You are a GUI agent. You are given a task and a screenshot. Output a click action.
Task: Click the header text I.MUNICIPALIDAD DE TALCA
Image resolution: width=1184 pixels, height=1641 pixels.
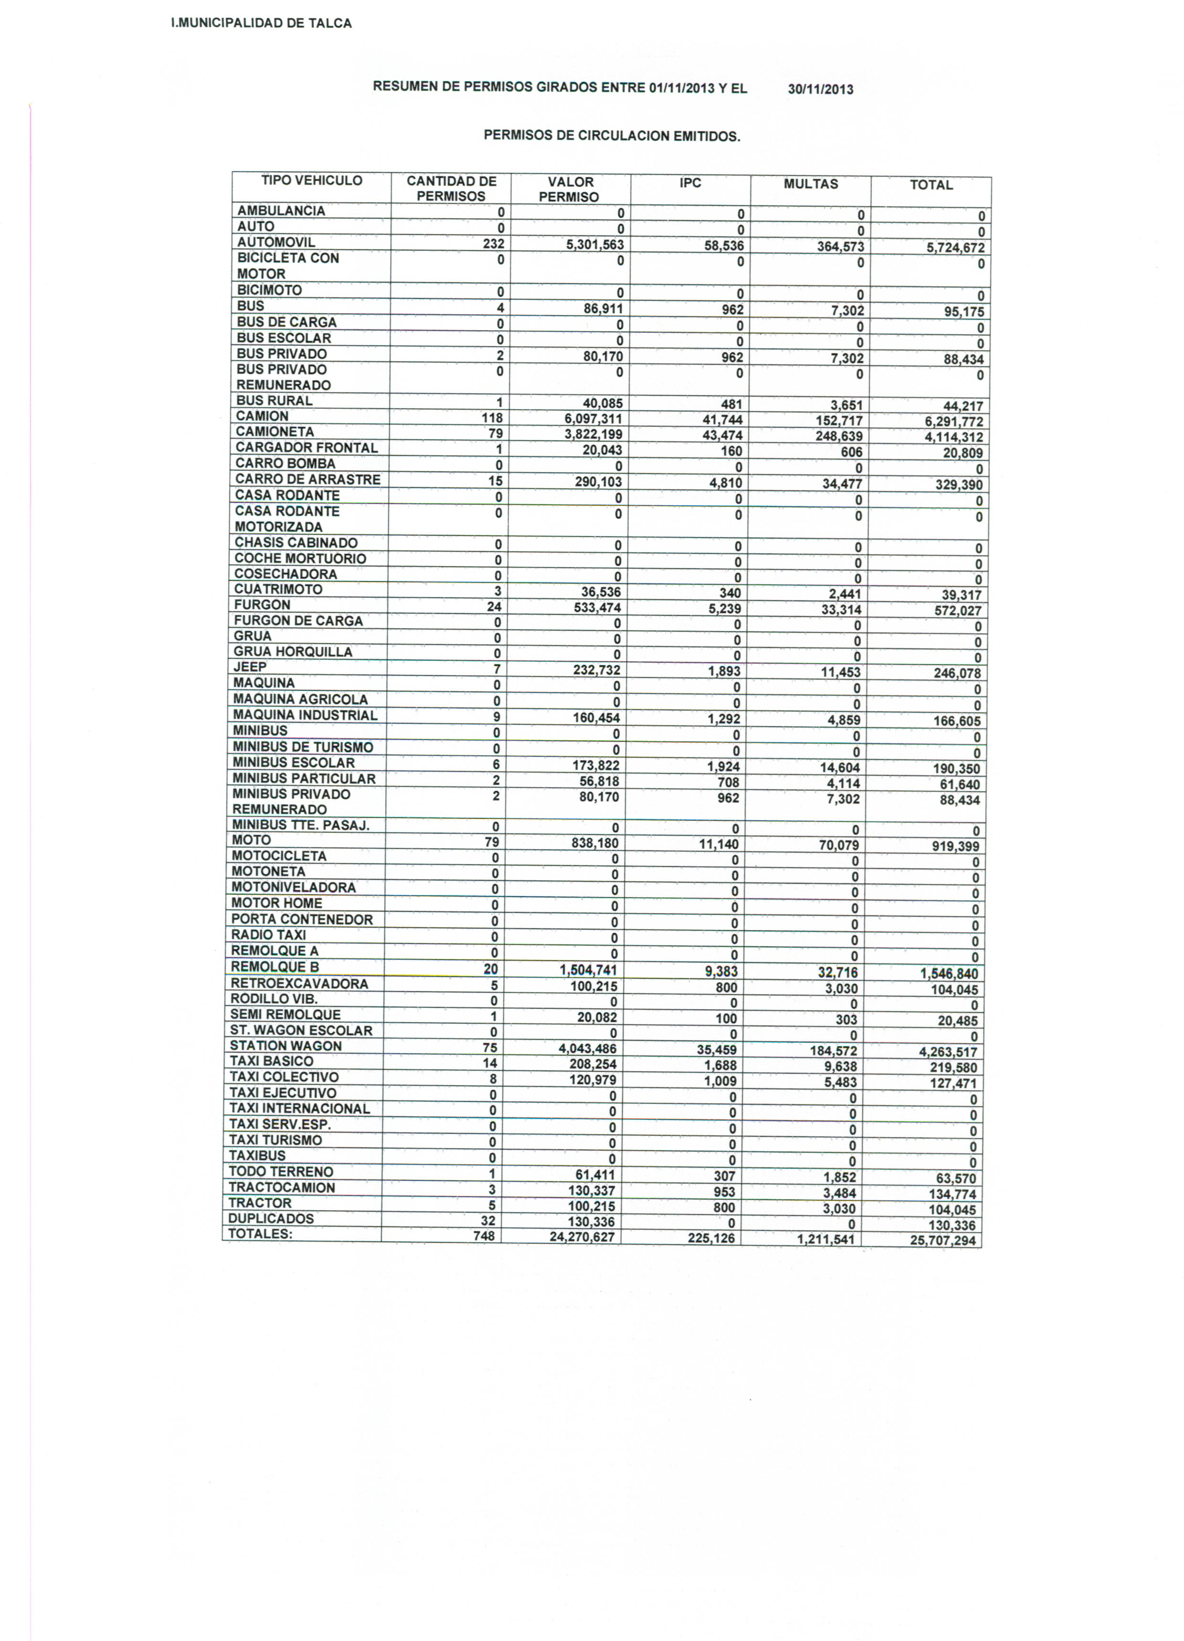pos(261,23)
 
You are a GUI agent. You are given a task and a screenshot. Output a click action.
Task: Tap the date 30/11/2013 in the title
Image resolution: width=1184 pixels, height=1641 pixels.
pos(820,90)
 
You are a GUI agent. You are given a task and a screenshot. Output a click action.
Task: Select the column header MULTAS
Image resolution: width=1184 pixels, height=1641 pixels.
pos(811,184)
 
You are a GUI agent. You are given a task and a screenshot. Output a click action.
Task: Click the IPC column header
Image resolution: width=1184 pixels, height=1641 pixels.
pos(690,182)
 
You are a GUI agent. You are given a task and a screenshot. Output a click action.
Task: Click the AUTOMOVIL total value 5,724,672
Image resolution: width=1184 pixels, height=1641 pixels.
pos(955,247)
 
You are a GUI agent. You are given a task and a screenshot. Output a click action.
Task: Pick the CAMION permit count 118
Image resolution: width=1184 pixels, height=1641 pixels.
pos(492,417)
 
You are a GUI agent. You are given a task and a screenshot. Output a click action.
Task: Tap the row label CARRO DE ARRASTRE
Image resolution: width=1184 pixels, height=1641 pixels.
pos(307,479)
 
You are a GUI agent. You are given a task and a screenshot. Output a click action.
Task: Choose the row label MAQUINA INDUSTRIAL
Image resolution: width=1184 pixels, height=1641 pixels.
pos(305,715)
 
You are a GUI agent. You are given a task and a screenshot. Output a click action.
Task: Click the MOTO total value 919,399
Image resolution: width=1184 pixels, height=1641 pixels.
pos(955,847)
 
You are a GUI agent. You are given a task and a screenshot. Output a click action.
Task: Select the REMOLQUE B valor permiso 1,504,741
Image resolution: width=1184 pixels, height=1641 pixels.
pos(588,970)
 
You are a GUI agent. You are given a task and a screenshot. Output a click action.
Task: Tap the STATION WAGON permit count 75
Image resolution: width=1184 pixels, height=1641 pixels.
pos(490,1048)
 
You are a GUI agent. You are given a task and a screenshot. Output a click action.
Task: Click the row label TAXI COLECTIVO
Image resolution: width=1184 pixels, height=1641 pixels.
pos(284,1077)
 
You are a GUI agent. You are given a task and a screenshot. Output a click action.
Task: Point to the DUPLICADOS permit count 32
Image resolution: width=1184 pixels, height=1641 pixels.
pos(488,1220)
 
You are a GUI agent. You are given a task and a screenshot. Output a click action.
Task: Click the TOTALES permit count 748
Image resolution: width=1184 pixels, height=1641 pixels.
pos(484,1236)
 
